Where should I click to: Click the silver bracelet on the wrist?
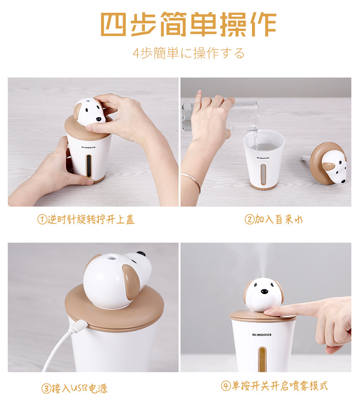pos(191,181)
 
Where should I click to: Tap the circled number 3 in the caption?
pos(46,389)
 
